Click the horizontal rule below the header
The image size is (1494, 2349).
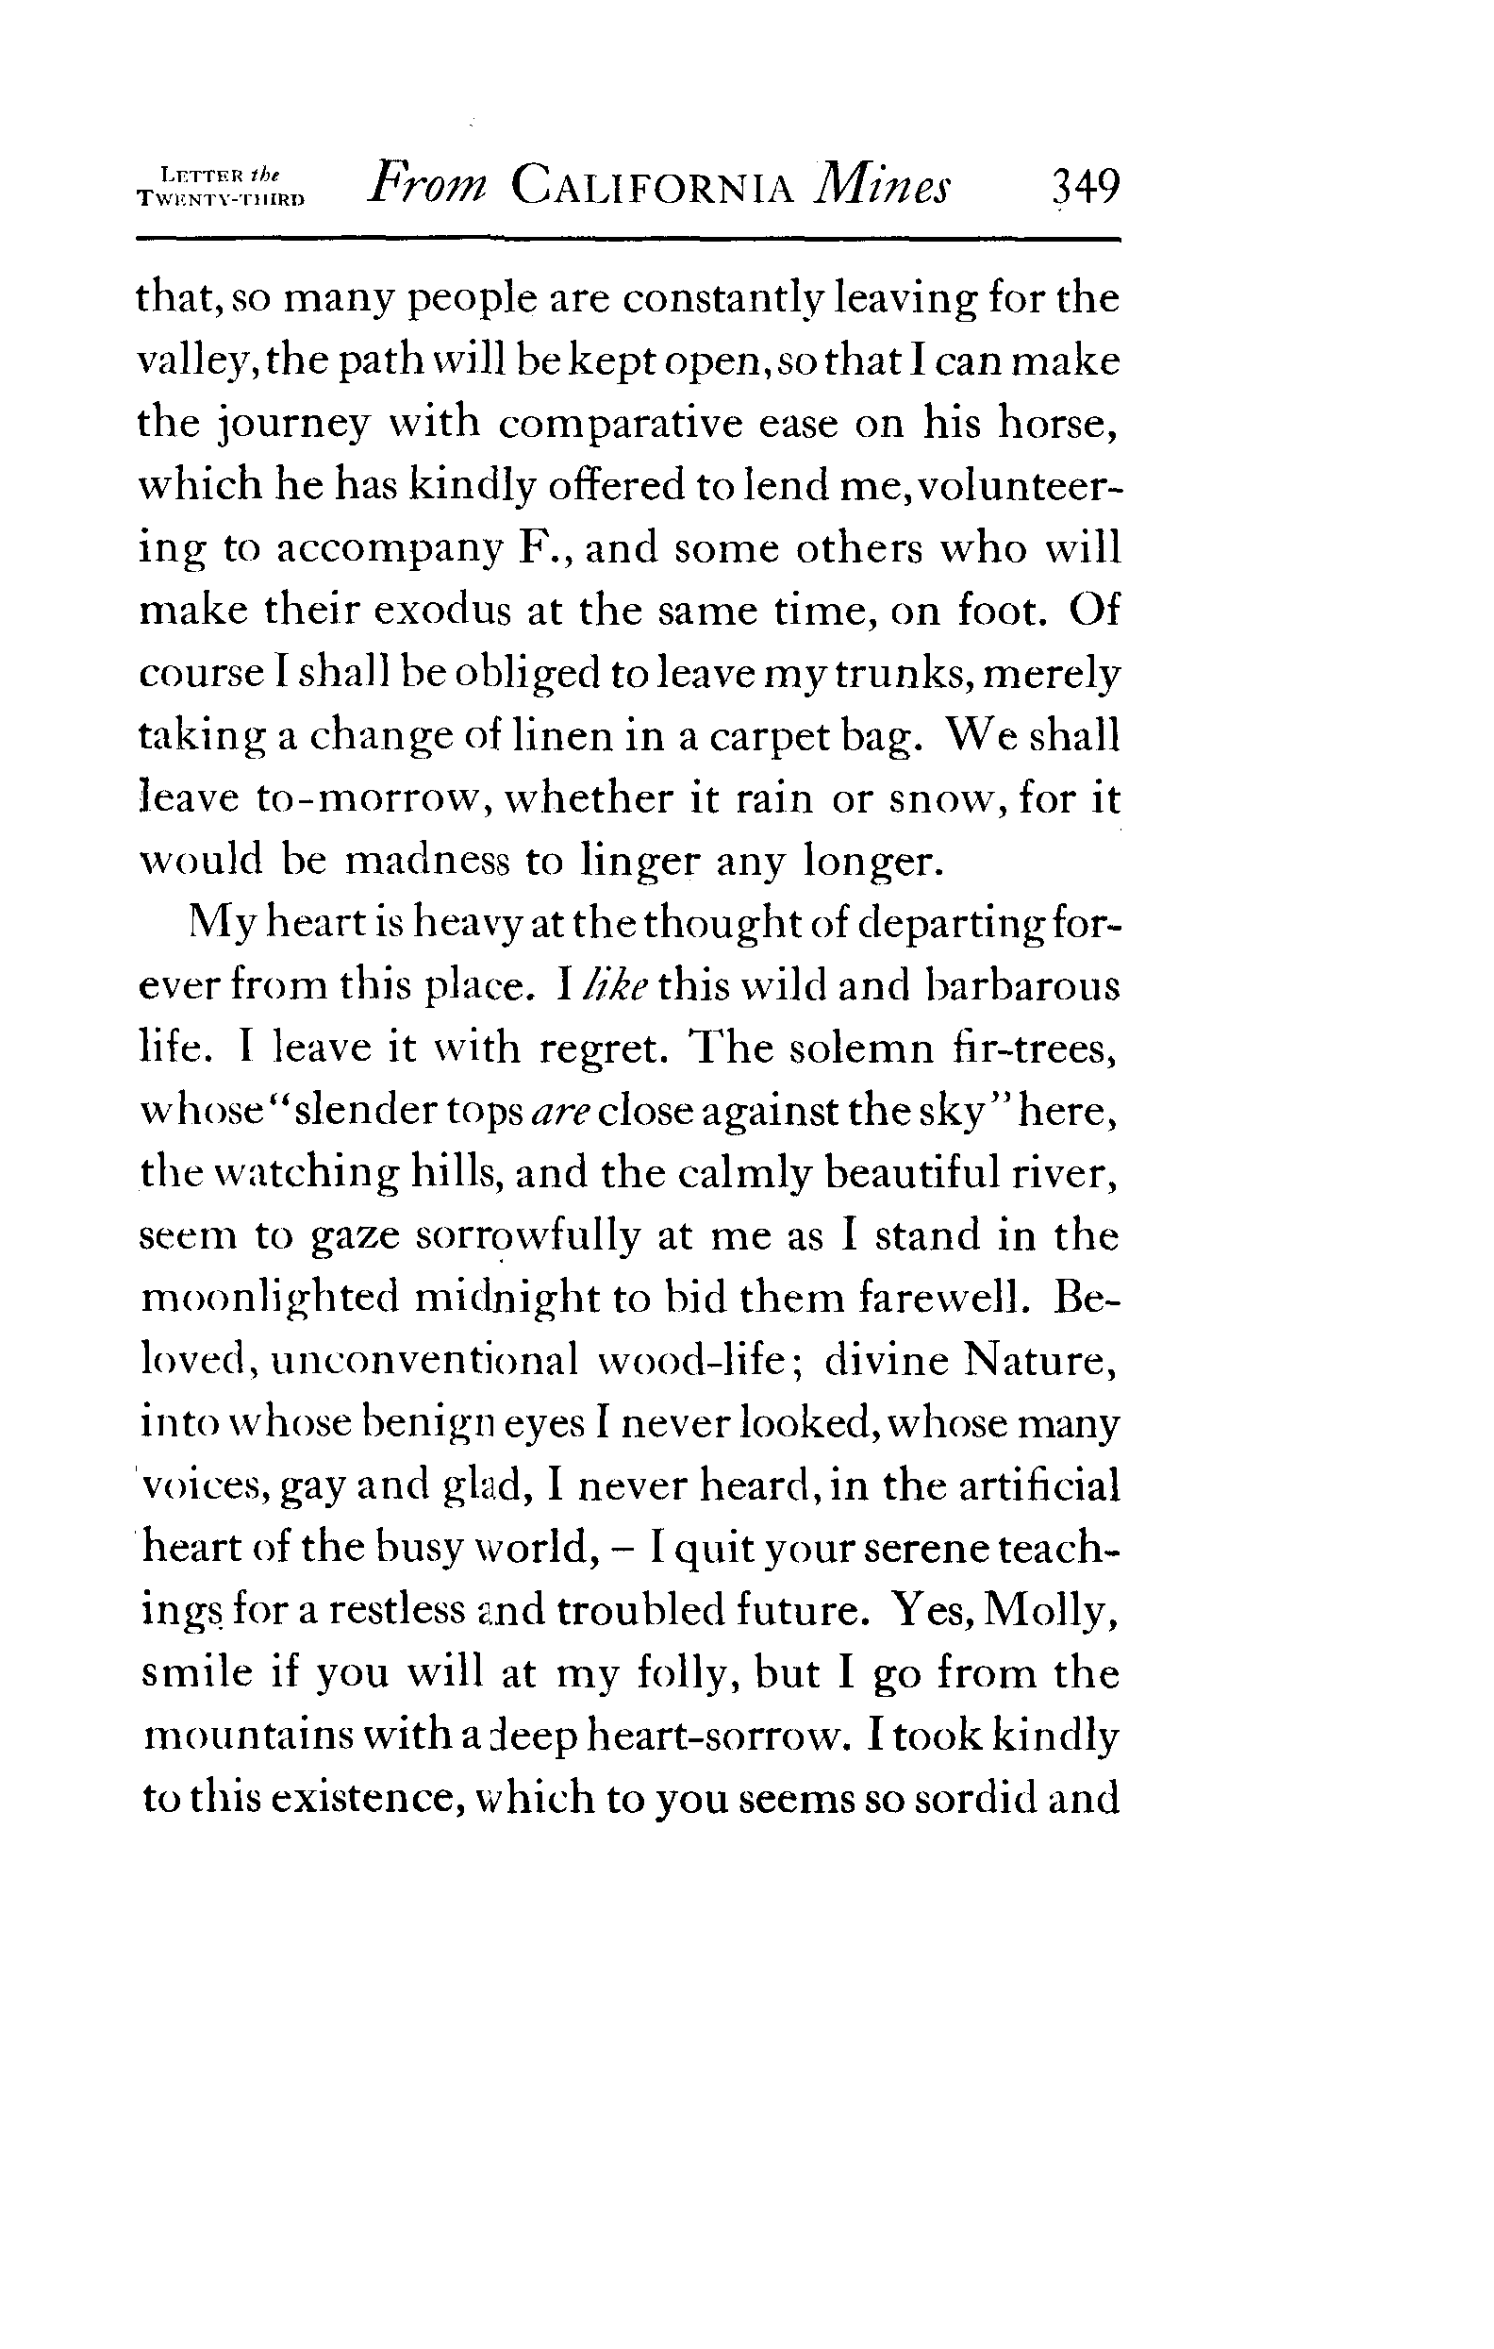coord(628,239)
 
